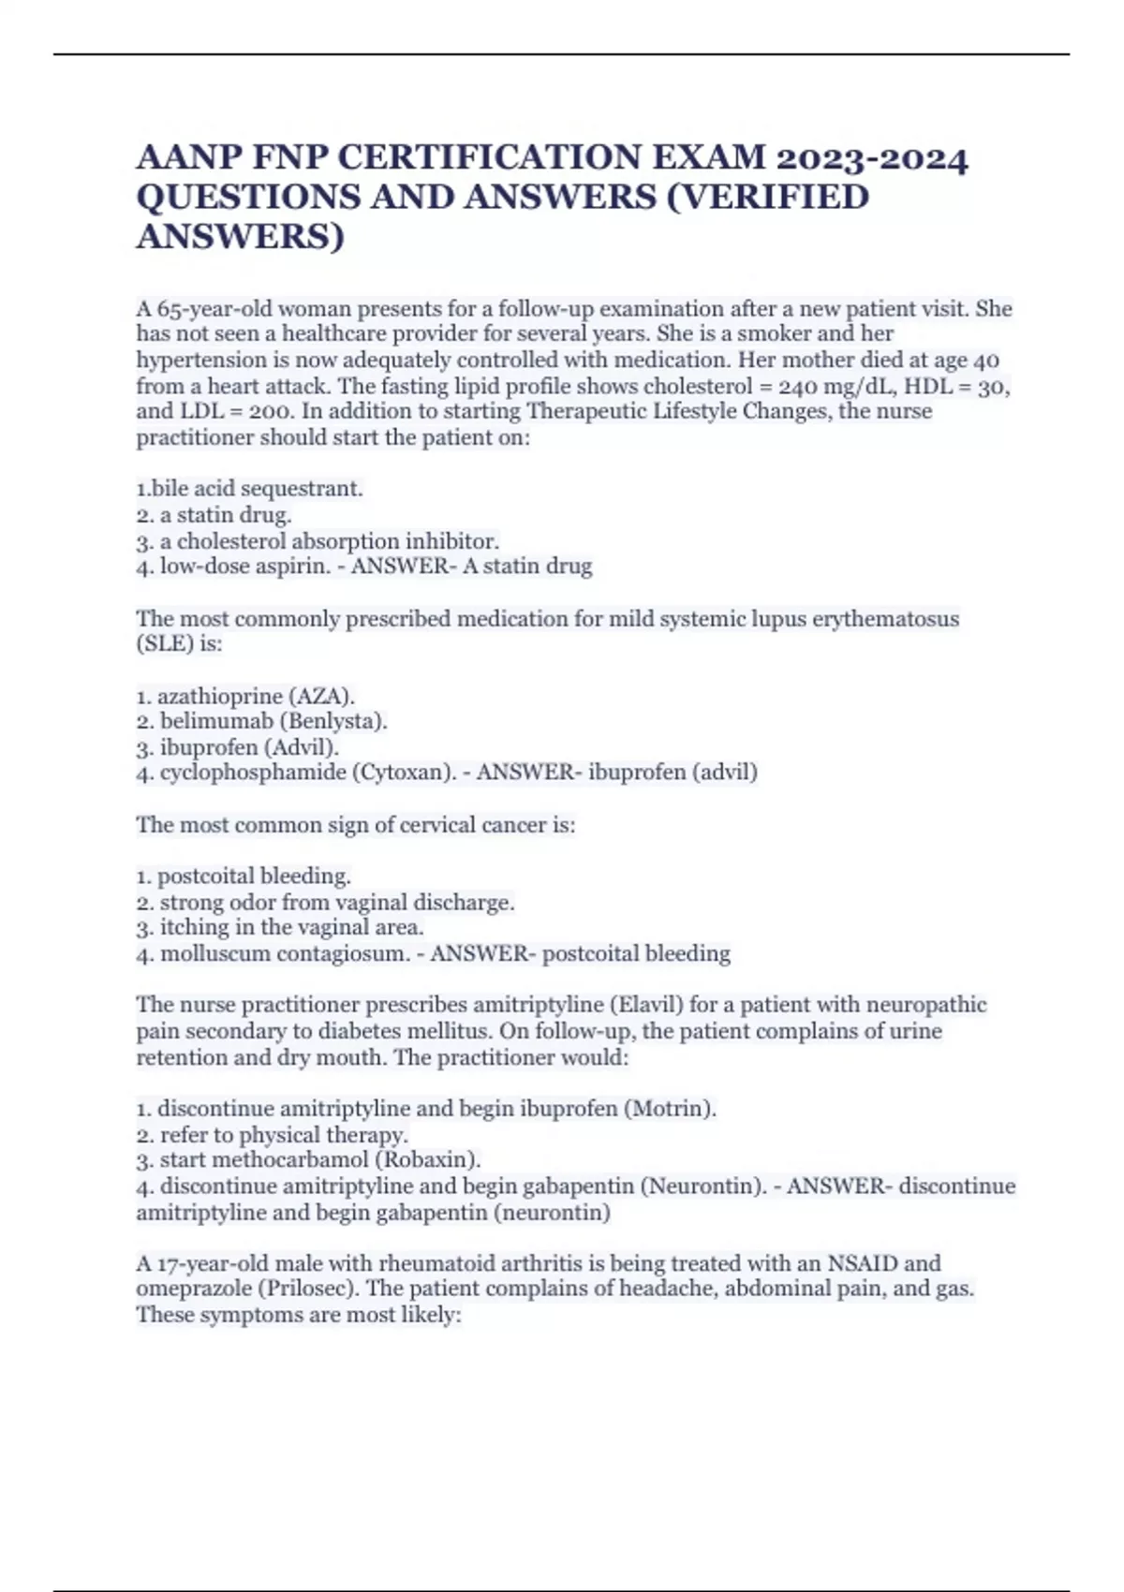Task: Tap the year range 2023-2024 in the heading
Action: click(870, 157)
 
